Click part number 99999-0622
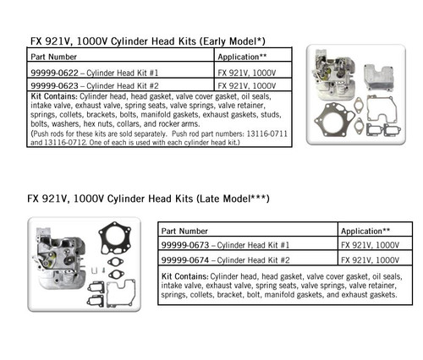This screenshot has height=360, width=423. (x=57, y=74)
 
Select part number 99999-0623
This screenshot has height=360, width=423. (x=57, y=85)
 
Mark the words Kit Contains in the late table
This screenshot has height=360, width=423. (x=184, y=277)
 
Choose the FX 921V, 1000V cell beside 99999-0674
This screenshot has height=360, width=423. (x=370, y=259)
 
